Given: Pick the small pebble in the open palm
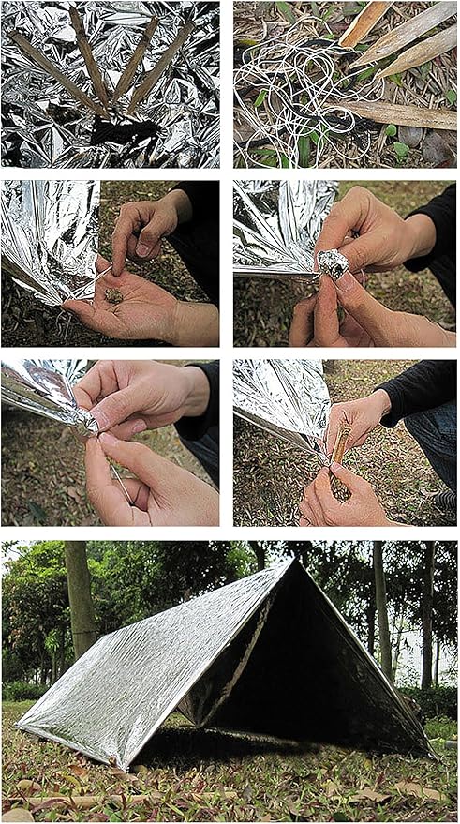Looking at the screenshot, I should coord(113,294).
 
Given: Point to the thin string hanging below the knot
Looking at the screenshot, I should coord(120,478).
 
